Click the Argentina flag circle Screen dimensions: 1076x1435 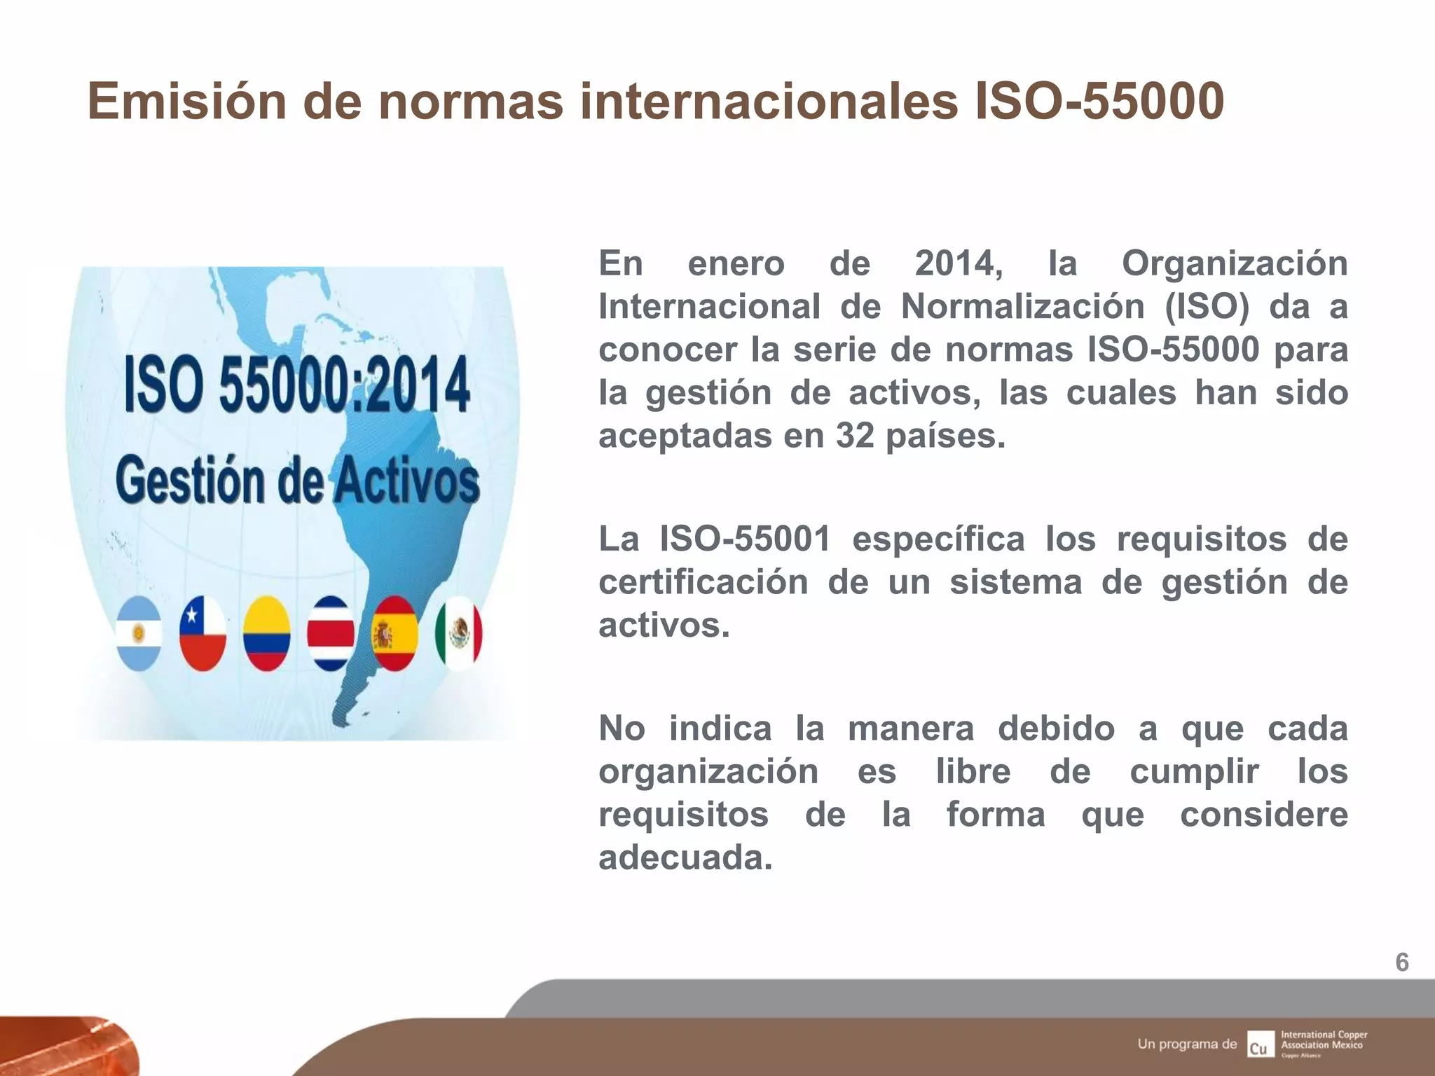point(139,634)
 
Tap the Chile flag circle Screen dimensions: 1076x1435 point(202,634)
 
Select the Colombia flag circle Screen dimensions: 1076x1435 point(267,634)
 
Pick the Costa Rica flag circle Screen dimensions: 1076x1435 point(331,634)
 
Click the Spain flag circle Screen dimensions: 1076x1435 point(395,634)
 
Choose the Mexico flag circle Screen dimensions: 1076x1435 point(459,634)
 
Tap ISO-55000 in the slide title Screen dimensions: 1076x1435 point(1099,102)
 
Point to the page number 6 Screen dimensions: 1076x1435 point(1402,963)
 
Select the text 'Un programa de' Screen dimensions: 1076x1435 point(1187,1044)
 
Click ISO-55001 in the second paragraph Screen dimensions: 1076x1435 point(746,539)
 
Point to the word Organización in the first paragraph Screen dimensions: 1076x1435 point(1235,264)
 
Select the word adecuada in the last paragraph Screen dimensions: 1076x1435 point(685,857)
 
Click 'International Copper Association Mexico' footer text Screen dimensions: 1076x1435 point(1324,1040)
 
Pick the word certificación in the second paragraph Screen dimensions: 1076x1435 point(703,583)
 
